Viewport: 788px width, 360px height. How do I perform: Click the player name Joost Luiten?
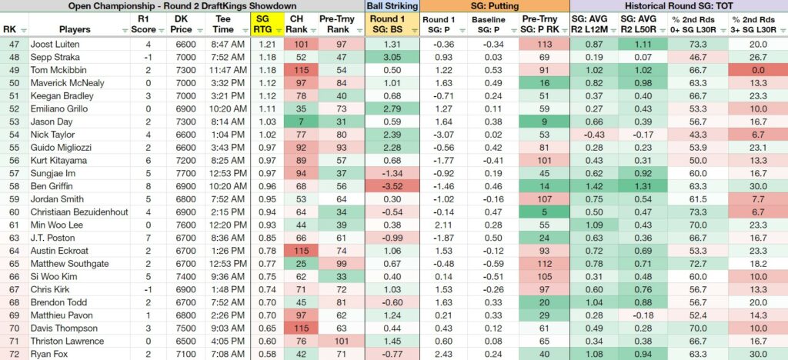[52, 44]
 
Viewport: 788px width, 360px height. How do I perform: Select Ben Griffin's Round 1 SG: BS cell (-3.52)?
[392, 186]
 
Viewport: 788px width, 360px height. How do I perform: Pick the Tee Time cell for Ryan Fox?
[228, 354]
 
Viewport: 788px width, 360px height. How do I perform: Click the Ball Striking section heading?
[392, 6]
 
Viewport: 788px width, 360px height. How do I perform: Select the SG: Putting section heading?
[495, 6]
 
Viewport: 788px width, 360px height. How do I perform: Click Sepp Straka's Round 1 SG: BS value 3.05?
[392, 57]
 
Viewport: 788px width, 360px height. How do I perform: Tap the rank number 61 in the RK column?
[9, 225]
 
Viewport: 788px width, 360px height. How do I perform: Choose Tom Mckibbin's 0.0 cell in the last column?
[758, 70]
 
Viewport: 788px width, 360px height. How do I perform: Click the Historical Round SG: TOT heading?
[679, 6]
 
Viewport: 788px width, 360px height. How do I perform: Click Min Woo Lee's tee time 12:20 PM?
[228, 225]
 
